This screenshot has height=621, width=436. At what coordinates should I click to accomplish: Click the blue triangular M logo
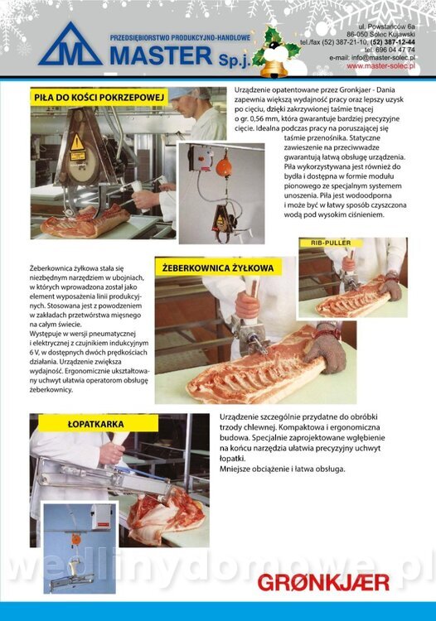(70, 45)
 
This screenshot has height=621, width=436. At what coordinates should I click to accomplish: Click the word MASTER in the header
(161, 55)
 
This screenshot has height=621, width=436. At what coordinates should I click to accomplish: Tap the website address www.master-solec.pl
(381, 66)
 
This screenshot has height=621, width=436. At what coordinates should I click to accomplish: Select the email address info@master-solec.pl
(383, 58)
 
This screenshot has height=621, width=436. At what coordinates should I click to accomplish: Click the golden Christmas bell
(274, 68)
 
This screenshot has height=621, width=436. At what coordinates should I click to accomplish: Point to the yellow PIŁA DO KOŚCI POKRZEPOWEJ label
(99, 97)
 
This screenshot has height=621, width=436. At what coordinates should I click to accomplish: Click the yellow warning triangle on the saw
(77, 143)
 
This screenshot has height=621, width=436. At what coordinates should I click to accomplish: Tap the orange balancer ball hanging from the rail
(225, 165)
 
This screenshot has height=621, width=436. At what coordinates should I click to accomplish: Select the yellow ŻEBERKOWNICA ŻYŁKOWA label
(218, 267)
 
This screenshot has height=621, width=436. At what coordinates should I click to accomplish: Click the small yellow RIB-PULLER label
(331, 243)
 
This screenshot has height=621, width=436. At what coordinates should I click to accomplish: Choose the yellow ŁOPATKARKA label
(96, 424)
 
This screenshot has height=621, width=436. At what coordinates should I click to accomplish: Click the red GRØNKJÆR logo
(323, 583)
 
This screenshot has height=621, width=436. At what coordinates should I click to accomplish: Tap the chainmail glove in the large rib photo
(326, 349)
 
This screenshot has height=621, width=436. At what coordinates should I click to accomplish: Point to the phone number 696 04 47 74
(395, 50)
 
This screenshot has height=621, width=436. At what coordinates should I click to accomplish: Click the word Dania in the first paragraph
(385, 90)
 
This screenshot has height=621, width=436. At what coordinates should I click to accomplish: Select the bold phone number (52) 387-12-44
(393, 42)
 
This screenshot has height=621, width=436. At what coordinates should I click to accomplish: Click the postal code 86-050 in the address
(357, 35)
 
